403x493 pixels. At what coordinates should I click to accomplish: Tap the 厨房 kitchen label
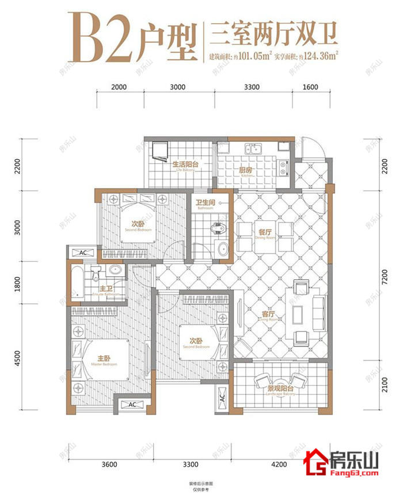(246, 170)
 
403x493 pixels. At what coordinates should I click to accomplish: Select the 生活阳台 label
(185, 165)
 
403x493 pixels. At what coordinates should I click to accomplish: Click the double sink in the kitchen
(253, 149)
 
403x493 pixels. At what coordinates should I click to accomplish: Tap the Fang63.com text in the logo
(352, 473)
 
